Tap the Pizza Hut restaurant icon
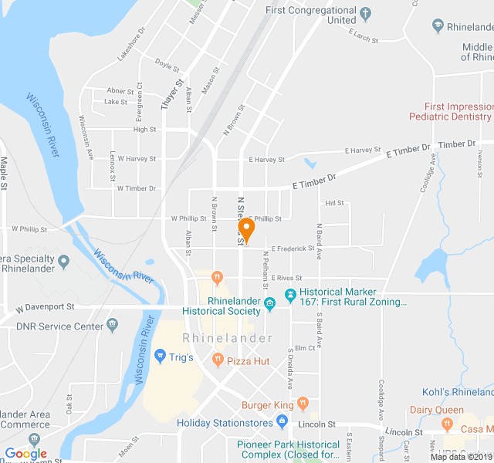(218, 360)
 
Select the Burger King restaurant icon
(303, 404)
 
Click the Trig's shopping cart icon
(160, 356)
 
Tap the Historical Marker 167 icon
(290, 294)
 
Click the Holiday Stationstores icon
(282, 422)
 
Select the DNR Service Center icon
(113, 324)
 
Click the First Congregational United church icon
(366, 13)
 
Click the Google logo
(25, 454)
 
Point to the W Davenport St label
(44, 306)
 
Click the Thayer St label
(171, 95)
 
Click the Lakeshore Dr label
(131, 45)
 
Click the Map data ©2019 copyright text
(460, 456)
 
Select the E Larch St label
(363, 35)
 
